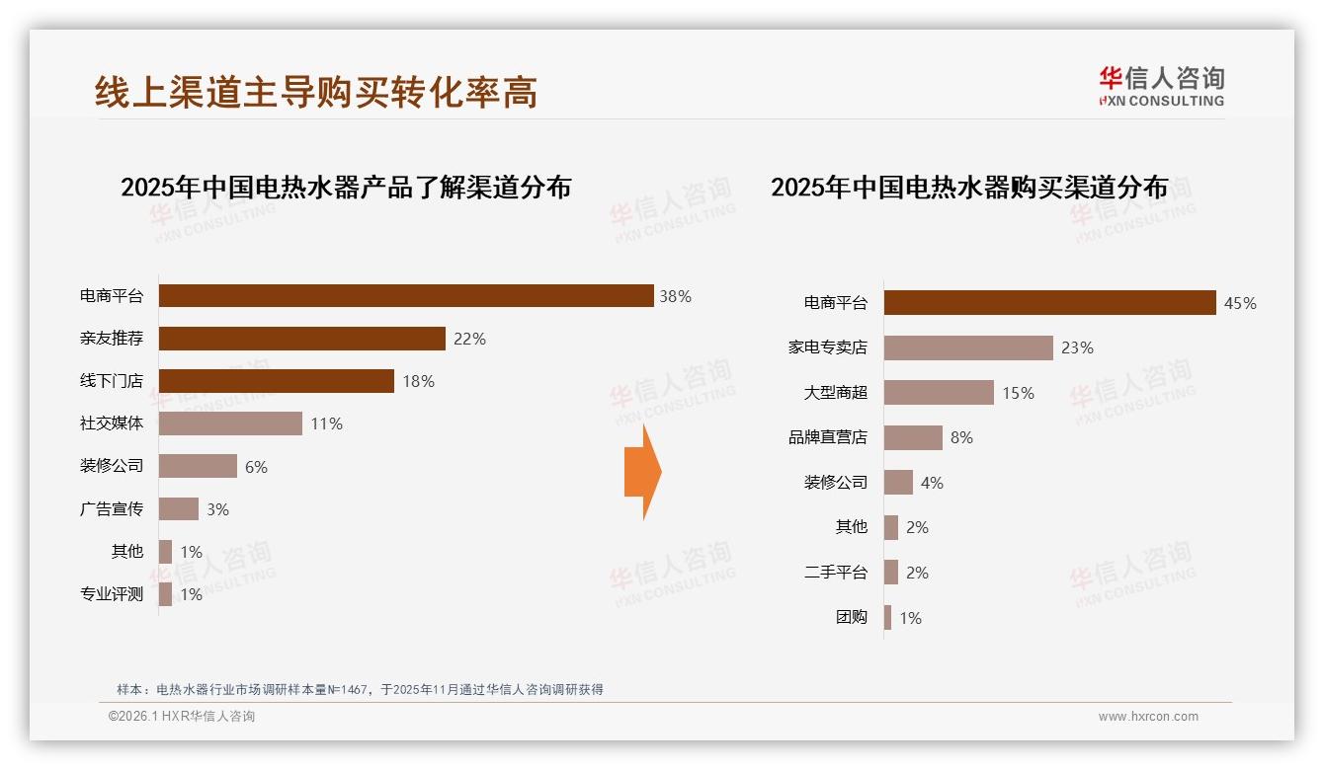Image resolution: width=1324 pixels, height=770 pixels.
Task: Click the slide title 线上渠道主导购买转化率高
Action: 316,92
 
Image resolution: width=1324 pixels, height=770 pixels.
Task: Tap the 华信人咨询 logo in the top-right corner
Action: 1161,86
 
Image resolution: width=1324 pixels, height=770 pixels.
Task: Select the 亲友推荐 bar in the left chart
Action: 301,339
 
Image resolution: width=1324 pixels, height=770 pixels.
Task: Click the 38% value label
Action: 675,296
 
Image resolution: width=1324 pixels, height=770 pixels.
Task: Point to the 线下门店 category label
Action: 112,381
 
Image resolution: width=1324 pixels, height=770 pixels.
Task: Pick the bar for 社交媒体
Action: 230,423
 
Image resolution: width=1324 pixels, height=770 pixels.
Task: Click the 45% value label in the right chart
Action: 1240,303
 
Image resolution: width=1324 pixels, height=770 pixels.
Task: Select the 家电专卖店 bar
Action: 968,347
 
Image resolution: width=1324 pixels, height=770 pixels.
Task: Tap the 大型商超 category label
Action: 835,393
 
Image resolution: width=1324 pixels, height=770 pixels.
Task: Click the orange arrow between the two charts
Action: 642,472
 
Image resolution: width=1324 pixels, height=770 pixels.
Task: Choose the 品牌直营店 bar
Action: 913,437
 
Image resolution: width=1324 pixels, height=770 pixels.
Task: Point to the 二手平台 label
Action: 835,573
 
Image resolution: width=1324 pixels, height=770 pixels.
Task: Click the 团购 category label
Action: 851,618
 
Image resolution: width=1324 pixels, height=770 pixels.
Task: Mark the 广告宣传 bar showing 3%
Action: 179,508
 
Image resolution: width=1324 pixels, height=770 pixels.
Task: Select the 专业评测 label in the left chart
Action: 112,594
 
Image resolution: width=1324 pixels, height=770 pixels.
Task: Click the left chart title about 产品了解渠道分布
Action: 346,188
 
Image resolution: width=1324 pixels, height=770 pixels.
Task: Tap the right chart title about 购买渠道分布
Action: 969,188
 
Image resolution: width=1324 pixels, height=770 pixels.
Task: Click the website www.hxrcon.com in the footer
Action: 1148,717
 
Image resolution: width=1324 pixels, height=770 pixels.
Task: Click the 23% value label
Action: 1077,347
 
